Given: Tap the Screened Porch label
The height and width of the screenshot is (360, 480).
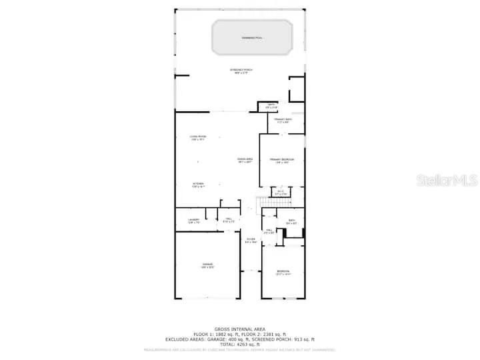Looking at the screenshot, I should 241,71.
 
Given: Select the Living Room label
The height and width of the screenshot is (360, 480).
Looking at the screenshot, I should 198,138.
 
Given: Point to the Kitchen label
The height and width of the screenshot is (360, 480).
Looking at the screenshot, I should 198,184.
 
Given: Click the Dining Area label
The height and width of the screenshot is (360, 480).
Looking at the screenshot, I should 245,160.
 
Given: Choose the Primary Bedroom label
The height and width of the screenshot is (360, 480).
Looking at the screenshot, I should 282,161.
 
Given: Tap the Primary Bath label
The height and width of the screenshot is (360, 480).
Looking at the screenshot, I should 282,120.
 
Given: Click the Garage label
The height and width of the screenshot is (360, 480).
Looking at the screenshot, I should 207,266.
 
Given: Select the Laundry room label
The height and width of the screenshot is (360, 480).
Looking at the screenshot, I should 193,221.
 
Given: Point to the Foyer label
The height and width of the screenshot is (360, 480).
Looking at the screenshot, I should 250,241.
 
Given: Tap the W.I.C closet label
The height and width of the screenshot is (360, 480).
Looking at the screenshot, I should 281,193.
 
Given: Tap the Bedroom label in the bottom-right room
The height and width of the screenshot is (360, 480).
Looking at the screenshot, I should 283,272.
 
